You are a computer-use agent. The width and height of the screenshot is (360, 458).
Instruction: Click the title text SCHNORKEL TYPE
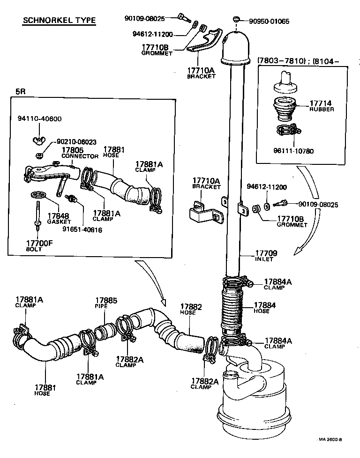(59, 21)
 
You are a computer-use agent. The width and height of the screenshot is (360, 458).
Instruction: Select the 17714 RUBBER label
(322, 105)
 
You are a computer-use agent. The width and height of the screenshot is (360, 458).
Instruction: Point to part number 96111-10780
(300, 151)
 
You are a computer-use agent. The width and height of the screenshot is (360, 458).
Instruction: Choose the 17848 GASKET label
(59, 218)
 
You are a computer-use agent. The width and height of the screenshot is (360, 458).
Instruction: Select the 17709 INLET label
(266, 256)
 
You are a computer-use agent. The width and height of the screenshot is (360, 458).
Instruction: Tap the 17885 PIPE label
(106, 303)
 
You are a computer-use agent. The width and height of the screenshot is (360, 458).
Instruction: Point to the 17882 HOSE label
(191, 310)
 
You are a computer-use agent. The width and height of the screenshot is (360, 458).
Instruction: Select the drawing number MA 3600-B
(330, 440)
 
